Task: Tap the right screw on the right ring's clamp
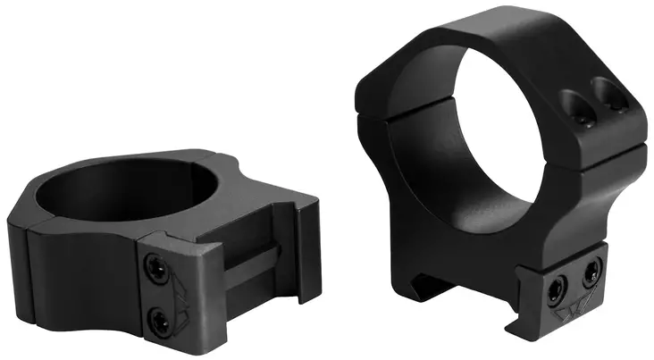click(x=590, y=270)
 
